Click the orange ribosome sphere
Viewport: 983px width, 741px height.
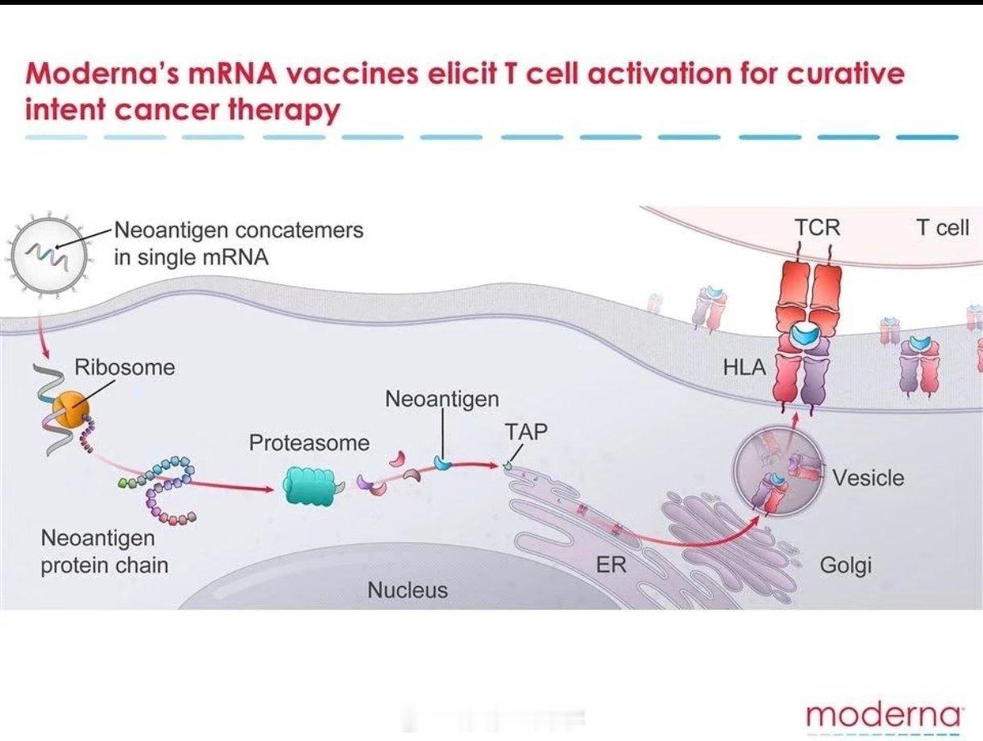pos(71,408)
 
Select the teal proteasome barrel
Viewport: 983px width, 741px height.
pos(309,486)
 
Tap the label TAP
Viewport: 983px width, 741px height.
pos(526,432)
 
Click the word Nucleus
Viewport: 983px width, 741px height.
pos(408,590)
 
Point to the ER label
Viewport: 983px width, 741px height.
pos(611,565)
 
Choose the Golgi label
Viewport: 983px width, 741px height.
pos(845,565)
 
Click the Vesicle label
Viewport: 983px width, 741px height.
pos(868,478)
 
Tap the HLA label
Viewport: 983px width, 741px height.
pos(745,367)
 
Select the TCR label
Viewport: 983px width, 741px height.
pos(817,227)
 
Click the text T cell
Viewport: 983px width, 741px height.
pos(942,227)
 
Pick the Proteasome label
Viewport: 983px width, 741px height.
pos(309,443)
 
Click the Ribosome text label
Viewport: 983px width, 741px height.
pos(125,367)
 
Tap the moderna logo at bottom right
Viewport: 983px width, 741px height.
pos(883,714)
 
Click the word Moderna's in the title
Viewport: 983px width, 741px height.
pos(102,74)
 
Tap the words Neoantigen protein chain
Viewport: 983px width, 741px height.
pos(105,551)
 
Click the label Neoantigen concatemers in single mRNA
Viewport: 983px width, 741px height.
pos(238,243)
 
